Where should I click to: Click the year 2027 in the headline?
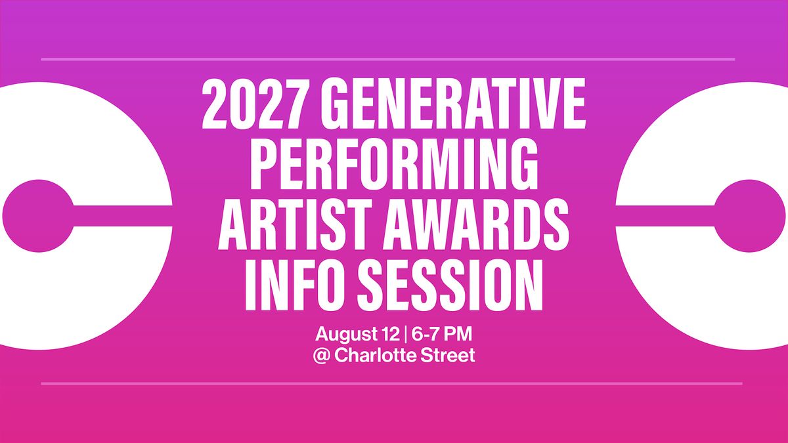[x=252, y=104]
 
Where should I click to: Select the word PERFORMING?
[x=394, y=164]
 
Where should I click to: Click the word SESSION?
[x=450, y=285]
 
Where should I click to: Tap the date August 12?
[x=357, y=334]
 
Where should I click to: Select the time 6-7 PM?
[x=441, y=333]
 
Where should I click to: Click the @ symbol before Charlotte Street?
[x=322, y=356]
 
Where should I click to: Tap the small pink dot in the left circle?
[x=38, y=216]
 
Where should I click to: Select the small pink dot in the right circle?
[x=749, y=216]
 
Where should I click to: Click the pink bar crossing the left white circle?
[x=123, y=216]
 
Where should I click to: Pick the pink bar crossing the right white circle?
[x=665, y=216]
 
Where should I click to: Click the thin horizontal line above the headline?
[x=388, y=60]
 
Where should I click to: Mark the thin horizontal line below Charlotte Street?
[x=392, y=383]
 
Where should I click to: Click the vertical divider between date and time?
[x=406, y=334]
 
